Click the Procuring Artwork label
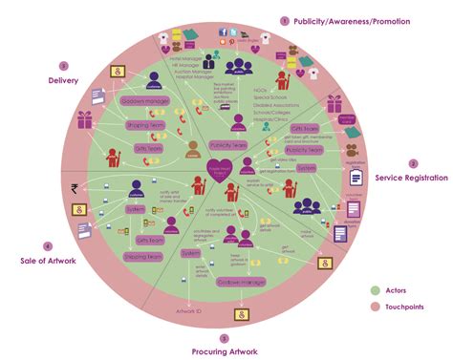coord(225,350)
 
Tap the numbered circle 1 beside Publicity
coord(284,20)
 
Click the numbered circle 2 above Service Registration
coord(413,163)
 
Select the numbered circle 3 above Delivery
coord(64,66)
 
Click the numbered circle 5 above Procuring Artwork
coord(225,337)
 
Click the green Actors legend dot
coord(375,289)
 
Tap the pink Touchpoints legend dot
coord(375,307)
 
